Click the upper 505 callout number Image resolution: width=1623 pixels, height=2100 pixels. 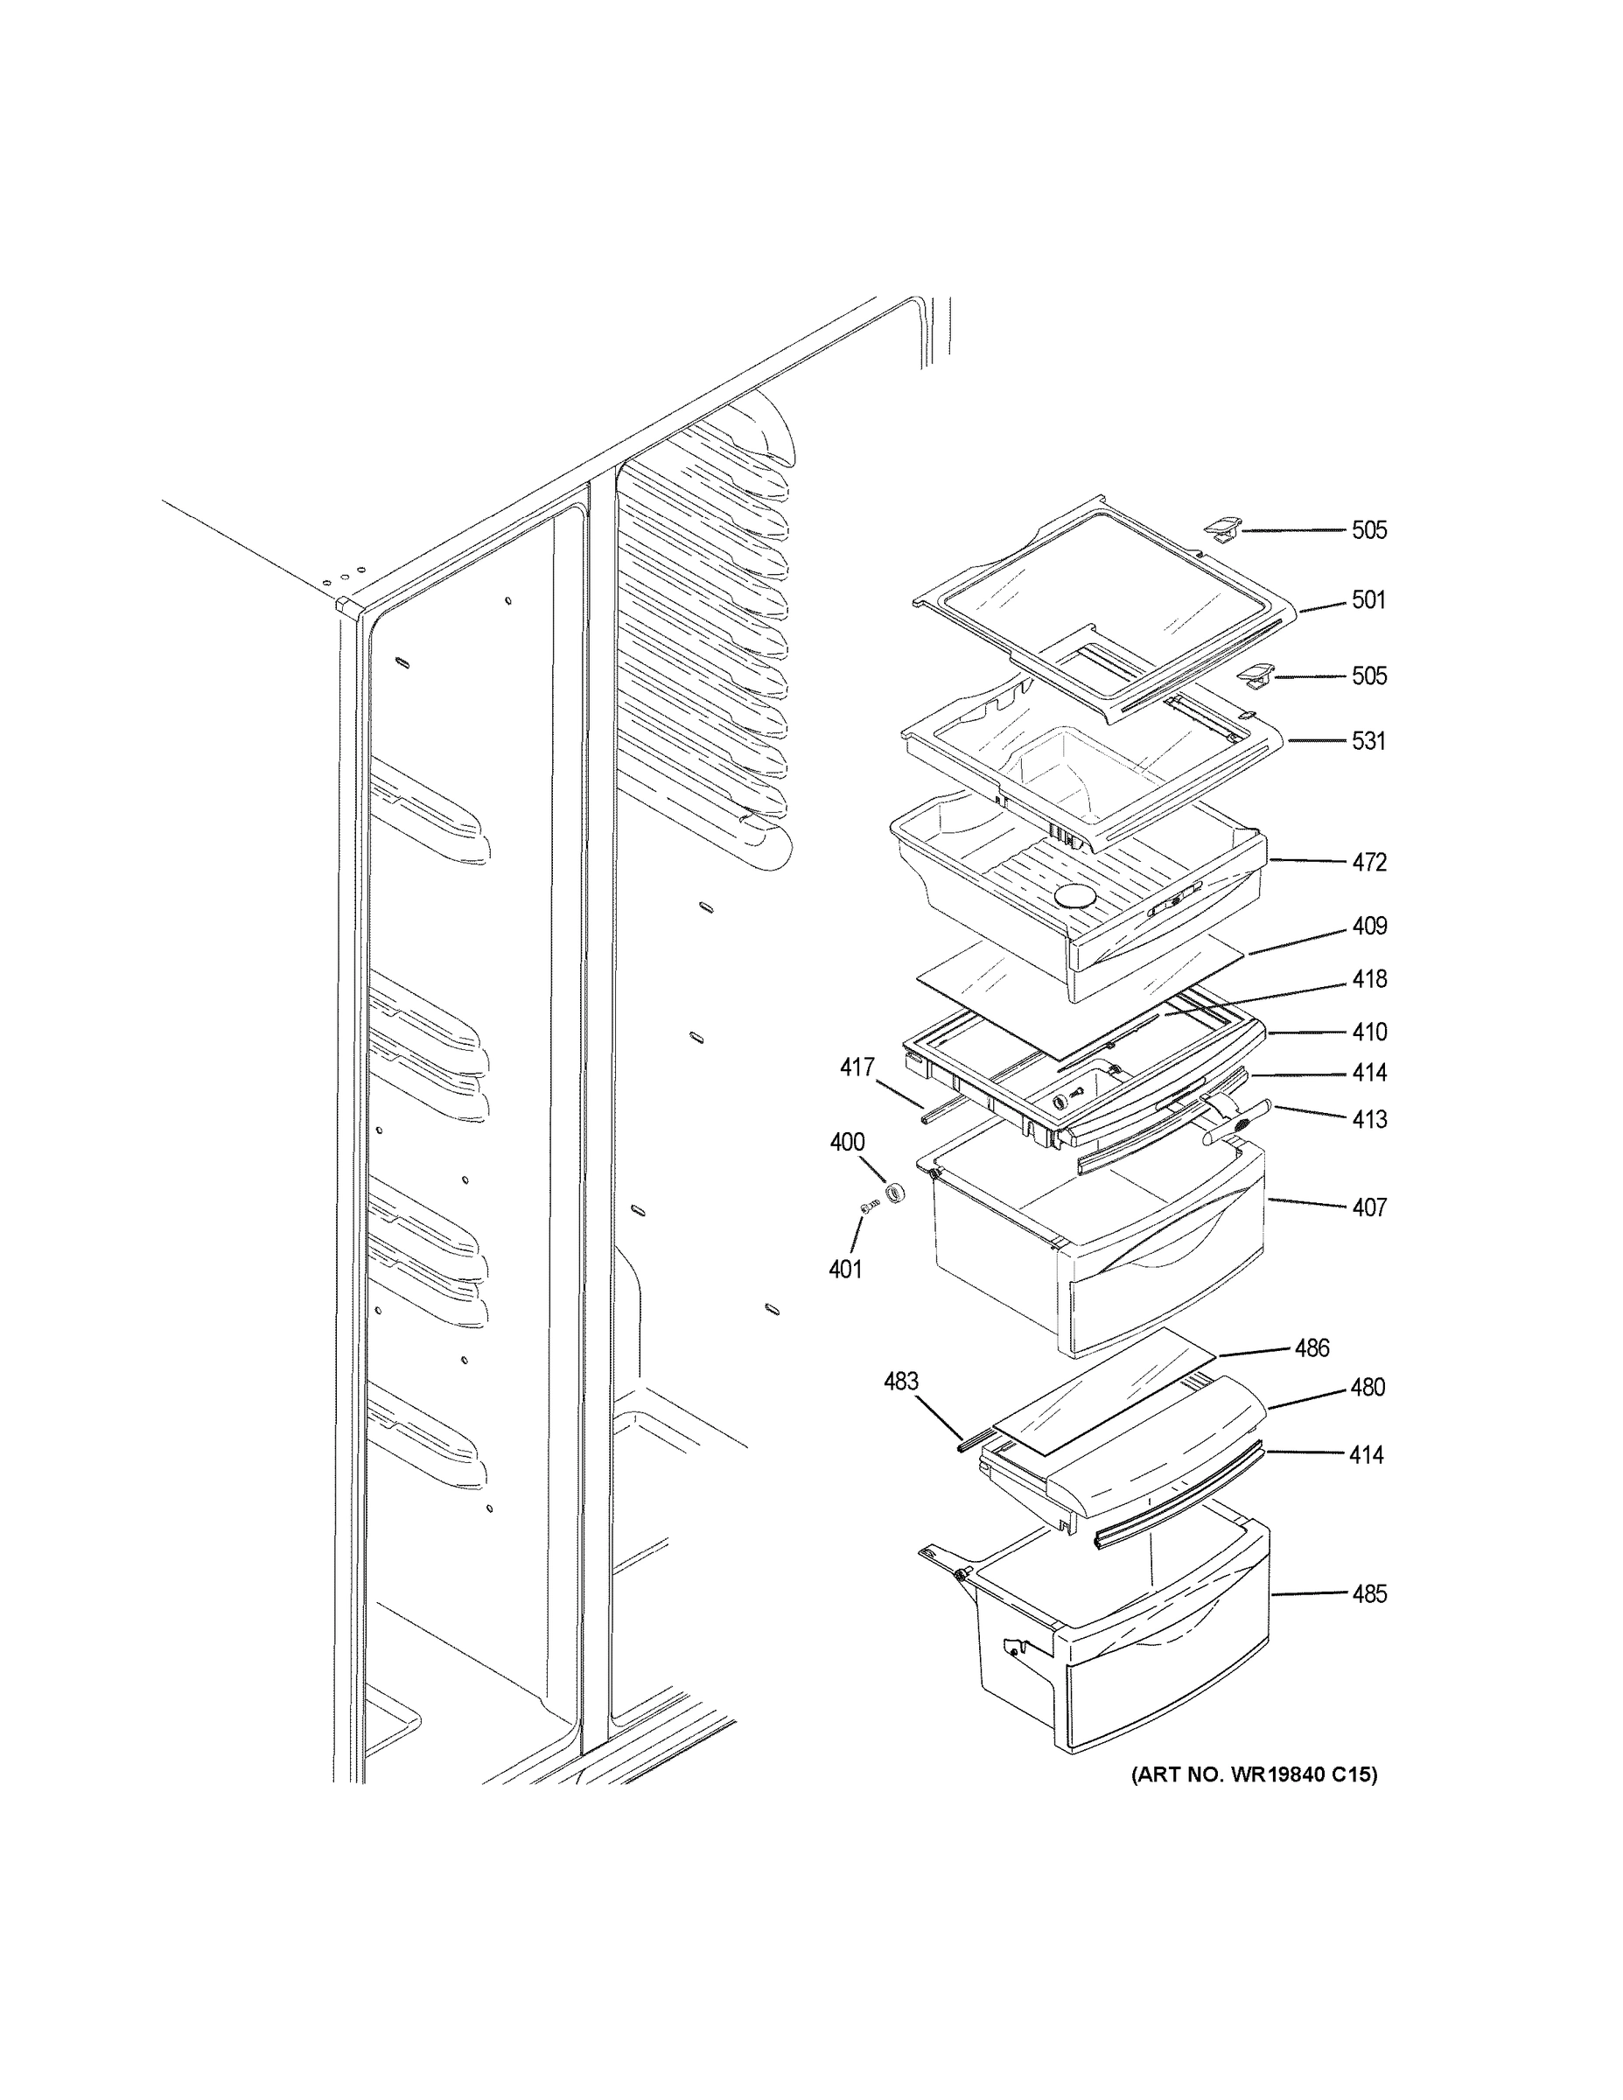tap(1368, 529)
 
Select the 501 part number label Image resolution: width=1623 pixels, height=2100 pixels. tap(1368, 600)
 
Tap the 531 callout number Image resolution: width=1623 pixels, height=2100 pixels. tap(1368, 740)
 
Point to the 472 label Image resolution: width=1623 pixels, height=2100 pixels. tap(1368, 863)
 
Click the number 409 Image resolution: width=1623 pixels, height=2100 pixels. tap(1368, 926)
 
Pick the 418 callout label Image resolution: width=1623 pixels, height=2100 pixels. tap(1368, 979)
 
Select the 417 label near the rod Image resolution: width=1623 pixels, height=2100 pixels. tap(857, 1067)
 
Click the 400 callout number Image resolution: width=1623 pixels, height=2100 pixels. tap(847, 1142)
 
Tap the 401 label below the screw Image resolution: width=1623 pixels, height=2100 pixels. tap(845, 1270)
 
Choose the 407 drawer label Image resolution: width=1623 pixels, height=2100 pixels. tap(1368, 1207)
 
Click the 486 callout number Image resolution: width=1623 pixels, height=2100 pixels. tap(1312, 1348)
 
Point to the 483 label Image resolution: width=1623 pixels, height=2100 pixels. tap(901, 1381)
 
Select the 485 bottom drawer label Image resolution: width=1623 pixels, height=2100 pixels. tap(1368, 1594)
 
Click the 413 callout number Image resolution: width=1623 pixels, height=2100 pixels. tap(1368, 1119)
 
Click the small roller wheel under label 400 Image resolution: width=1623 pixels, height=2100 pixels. tap(896, 1195)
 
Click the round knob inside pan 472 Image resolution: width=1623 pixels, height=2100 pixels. tap(1074, 896)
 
